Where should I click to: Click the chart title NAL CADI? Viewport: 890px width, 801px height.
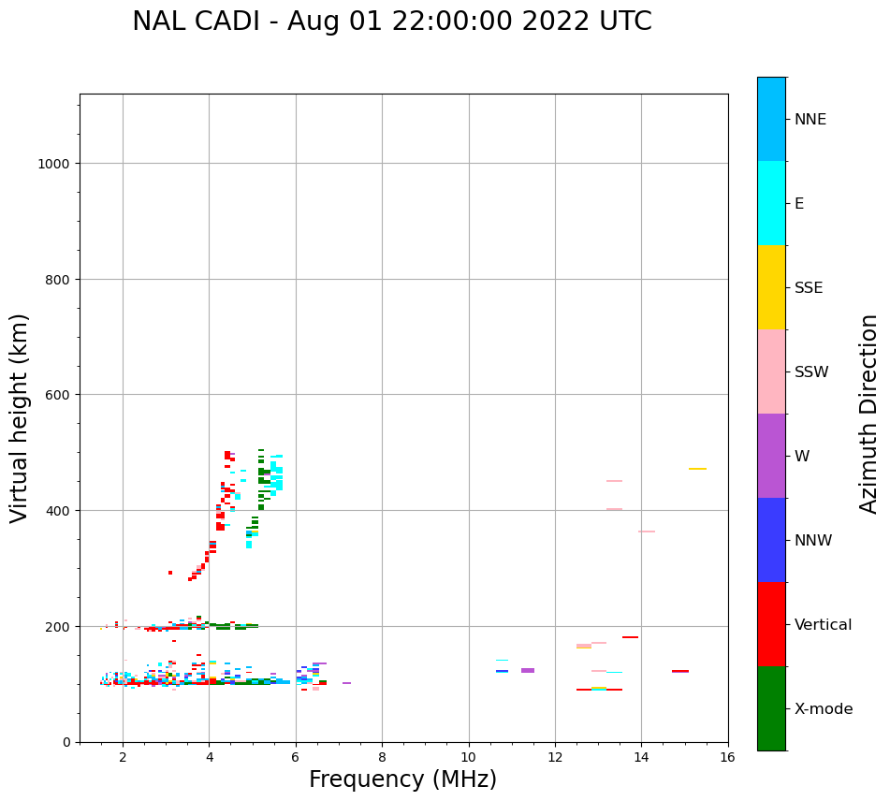click(x=391, y=22)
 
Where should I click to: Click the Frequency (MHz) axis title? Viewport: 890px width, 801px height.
click(x=402, y=779)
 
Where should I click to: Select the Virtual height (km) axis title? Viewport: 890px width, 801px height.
click(x=20, y=417)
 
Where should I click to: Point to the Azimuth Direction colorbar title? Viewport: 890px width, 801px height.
click(x=869, y=414)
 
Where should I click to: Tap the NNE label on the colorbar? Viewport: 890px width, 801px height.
click(x=810, y=119)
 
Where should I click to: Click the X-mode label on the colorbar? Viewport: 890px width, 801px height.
click(x=824, y=709)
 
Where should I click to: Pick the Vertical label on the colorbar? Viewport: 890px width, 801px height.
click(x=823, y=625)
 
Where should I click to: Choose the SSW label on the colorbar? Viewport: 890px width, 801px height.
click(x=811, y=372)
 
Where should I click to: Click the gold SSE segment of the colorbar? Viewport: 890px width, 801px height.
click(x=771, y=287)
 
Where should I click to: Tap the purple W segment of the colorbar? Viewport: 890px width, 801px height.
click(x=771, y=456)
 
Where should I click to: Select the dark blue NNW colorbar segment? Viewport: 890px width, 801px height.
click(x=771, y=540)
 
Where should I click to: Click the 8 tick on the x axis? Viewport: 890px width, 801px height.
click(x=382, y=758)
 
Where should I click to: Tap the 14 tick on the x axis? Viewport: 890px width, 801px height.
click(x=641, y=758)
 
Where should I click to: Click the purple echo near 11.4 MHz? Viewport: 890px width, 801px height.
click(x=528, y=670)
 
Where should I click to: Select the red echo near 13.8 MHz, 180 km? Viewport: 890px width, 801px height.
click(x=630, y=637)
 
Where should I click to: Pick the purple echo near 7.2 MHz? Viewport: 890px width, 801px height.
click(x=346, y=683)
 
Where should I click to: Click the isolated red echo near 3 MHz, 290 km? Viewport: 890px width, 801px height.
click(x=170, y=573)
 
